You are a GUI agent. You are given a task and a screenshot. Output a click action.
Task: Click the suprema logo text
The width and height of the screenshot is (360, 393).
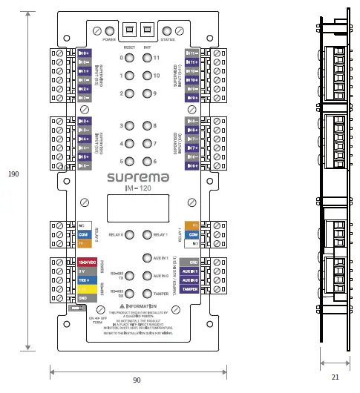pyautogui.click(x=137, y=178)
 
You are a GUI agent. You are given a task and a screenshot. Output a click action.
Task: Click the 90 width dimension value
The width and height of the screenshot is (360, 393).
pyautogui.click(x=137, y=380)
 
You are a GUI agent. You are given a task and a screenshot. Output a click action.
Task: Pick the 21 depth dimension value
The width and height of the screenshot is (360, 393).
pyautogui.click(x=336, y=377)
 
